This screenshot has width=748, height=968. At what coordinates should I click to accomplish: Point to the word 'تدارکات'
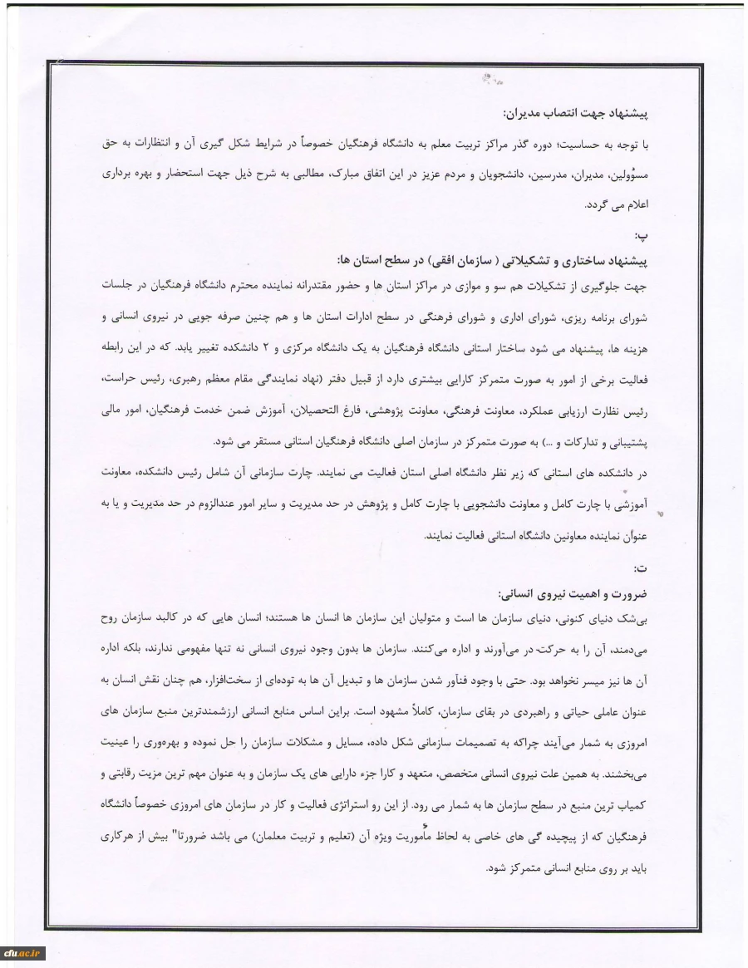[x=586, y=440]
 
